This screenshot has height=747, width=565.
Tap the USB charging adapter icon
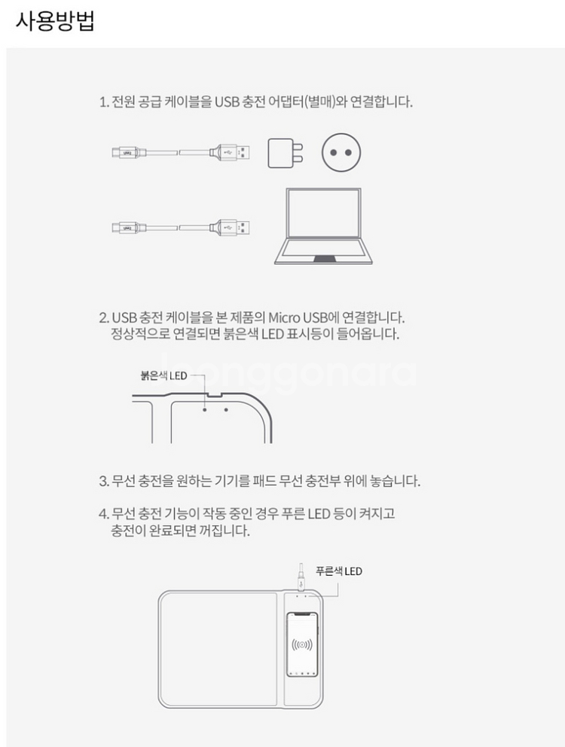[287, 153]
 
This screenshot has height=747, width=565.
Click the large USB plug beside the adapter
[236, 153]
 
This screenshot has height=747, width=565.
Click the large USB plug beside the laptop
[236, 226]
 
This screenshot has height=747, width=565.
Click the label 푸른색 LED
[338, 571]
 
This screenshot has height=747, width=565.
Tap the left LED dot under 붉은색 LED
[204, 410]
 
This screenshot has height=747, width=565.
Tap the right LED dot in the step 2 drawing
[226, 410]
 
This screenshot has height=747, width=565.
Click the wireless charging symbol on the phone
[303, 645]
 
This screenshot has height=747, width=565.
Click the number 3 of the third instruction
[103, 481]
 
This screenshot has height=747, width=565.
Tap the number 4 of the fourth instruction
[103, 514]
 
